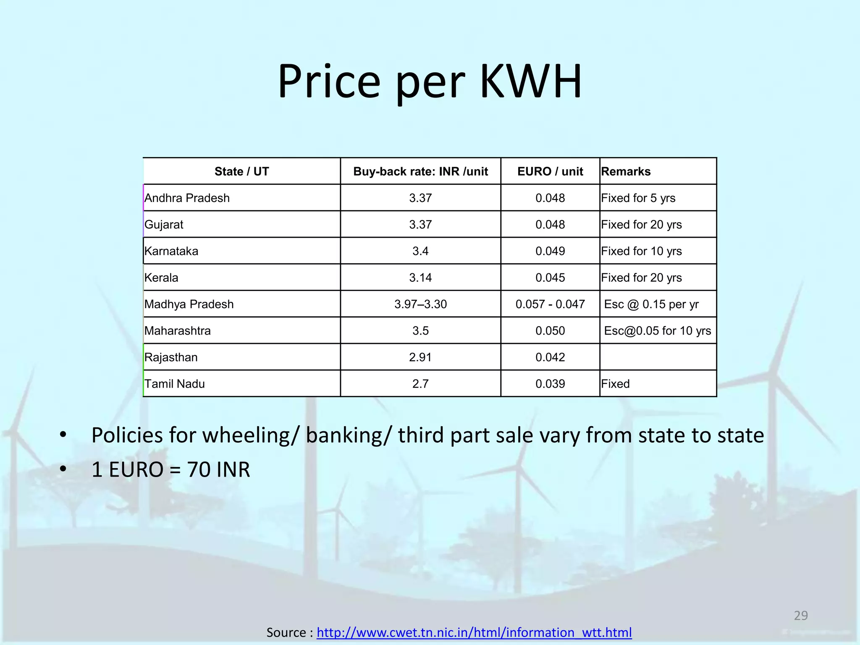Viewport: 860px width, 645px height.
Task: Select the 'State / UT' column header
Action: (x=241, y=171)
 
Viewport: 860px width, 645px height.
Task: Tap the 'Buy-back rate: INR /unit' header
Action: (x=420, y=171)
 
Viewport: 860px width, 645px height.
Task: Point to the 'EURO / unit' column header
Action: (x=550, y=171)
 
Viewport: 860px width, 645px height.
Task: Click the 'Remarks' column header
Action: (x=626, y=171)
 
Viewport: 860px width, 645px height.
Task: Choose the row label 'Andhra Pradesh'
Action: (x=187, y=198)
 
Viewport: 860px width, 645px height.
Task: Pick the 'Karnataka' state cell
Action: (x=171, y=251)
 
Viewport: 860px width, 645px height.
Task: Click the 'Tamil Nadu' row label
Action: (x=175, y=384)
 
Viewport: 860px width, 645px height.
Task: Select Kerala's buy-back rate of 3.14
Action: (x=420, y=278)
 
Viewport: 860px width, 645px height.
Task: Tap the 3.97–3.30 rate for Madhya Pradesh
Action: (x=420, y=304)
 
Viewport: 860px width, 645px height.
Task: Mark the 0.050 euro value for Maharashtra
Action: (x=550, y=330)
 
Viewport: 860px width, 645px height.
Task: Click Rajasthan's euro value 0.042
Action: (x=550, y=357)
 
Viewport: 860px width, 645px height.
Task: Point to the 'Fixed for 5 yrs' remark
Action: (x=638, y=198)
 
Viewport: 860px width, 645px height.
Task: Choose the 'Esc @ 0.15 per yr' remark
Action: (x=651, y=304)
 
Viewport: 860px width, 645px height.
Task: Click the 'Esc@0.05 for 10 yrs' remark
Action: (x=657, y=330)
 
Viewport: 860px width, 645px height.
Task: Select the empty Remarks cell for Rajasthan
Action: (x=658, y=357)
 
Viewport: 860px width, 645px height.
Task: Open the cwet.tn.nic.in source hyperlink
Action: (x=474, y=632)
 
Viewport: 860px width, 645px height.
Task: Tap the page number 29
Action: (x=801, y=616)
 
